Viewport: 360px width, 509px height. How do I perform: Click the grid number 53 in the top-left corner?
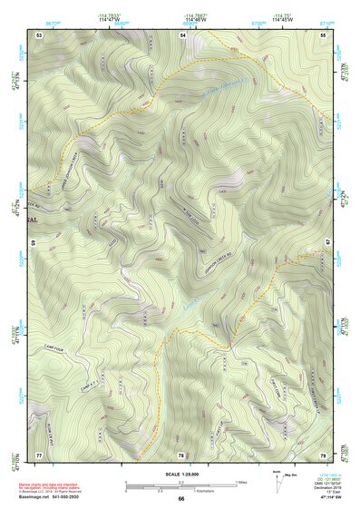[x=39, y=34]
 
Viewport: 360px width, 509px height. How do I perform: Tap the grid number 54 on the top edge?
[x=182, y=34]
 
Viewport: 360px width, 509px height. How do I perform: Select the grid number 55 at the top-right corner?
[x=323, y=34]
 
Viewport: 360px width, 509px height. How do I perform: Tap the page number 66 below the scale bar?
[x=181, y=498]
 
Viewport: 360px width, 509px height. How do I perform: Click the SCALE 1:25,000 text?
[x=180, y=474]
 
